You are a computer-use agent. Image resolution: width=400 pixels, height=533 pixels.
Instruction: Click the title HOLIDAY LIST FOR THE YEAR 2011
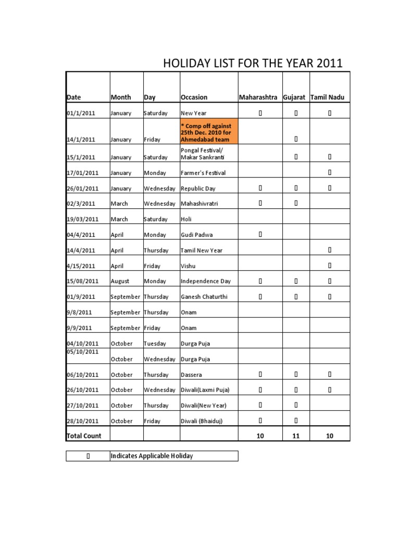point(253,64)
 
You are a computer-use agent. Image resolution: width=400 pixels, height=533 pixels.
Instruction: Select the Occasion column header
point(194,97)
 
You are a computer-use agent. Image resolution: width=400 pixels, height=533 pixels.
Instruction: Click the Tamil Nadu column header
point(330,97)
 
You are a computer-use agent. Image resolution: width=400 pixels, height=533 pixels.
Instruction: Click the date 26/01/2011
point(82,188)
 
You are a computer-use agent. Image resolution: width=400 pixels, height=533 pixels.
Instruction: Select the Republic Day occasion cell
point(199,188)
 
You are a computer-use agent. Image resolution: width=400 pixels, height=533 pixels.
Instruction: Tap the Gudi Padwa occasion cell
point(196,235)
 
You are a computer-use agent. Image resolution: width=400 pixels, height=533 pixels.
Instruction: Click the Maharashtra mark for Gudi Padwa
point(260,235)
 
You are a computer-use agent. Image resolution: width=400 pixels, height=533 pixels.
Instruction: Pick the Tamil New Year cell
point(201,250)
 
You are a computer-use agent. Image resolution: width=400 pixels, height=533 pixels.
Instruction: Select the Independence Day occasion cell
point(205,281)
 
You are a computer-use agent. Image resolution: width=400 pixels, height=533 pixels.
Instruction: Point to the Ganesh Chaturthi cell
point(204,297)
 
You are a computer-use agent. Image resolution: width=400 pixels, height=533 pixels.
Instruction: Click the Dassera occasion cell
point(192,375)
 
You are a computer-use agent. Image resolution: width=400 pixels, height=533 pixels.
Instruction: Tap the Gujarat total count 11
point(296,436)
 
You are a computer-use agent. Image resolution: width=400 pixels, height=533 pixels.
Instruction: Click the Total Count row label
point(84,436)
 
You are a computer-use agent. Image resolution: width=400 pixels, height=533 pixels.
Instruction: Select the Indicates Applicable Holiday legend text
point(152,456)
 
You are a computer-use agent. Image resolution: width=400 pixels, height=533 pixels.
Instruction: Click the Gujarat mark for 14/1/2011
point(296,139)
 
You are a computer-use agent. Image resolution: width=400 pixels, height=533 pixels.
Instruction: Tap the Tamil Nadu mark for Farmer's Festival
point(330,172)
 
